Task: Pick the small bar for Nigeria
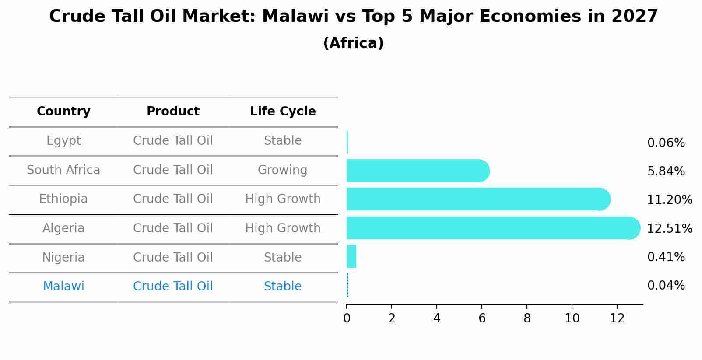tap(351, 256)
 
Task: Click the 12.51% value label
tap(669, 229)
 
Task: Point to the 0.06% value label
tap(666, 143)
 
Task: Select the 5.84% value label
tap(666, 171)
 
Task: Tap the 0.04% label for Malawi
tap(666, 286)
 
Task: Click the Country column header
tap(63, 112)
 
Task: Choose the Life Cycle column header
tap(283, 112)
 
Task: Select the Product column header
tap(173, 112)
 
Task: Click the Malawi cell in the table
tap(63, 287)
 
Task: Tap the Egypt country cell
tap(63, 141)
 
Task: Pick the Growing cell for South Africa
tap(282, 170)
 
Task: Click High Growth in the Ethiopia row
tap(283, 199)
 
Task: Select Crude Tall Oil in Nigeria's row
tap(173, 258)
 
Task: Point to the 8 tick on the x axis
tap(527, 318)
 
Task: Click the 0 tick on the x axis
tap(347, 318)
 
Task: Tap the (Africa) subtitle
tap(353, 43)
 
